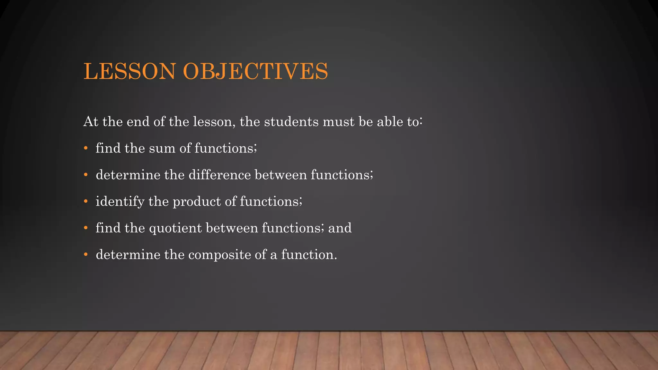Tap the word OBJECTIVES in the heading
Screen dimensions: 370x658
coord(255,71)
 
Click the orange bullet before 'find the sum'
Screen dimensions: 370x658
coord(85,148)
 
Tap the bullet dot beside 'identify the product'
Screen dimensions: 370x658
coord(85,202)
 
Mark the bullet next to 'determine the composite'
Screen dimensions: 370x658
coord(85,255)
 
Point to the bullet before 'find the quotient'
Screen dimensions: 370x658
coord(85,228)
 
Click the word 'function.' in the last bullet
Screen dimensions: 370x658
coord(309,255)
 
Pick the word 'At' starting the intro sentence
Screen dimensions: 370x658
coord(90,122)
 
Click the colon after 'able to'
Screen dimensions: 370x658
coord(421,122)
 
